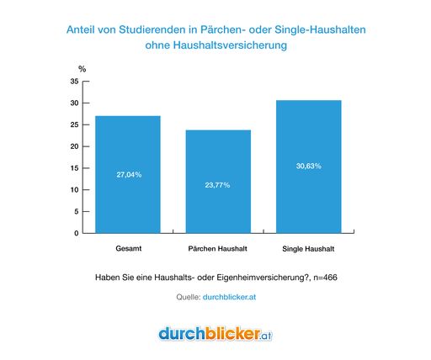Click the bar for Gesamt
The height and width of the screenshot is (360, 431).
pyautogui.click(x=128, y=174)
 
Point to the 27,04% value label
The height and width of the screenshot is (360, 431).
pyautogui.click(x=129, y=175)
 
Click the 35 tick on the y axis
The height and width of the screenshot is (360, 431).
pyautogui.click(x=74, y=82)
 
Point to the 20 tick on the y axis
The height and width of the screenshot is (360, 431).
pyautogui.click(x=74, y=146)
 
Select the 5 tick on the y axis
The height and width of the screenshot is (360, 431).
pyautogui.click(x=76, y=211)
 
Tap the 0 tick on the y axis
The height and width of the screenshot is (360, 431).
pyautogui.click(x=76, y=233)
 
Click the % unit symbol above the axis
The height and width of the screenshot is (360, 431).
pyautogui.click(x=82, y=69)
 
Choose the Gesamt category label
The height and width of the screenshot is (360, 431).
pyautogui.click(x=128, y=250)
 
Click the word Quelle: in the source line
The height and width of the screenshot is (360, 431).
pyautogui.click(x=186, y=296)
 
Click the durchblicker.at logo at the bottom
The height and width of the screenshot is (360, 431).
pyautogui.click(x=215, y=334)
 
